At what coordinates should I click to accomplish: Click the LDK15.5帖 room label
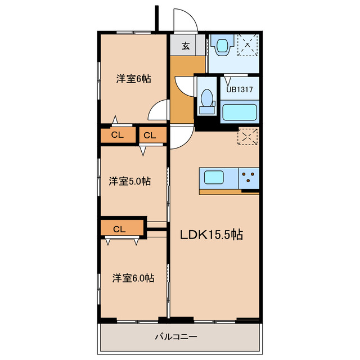211,235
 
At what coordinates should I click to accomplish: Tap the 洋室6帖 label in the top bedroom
134,79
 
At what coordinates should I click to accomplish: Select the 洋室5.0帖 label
130,181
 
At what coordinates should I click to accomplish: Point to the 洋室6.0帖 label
133,278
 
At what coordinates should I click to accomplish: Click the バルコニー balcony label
176,337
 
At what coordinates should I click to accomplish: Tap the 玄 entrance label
186,46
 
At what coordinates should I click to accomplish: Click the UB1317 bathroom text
240,89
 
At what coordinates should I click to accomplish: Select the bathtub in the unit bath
240,112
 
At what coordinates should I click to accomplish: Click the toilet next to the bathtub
207,101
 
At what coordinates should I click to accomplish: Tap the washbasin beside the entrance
222,46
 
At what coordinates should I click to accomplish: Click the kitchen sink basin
214,177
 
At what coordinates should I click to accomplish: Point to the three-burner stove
249,178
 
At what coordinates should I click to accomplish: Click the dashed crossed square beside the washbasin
247,45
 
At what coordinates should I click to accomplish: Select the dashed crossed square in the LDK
247,137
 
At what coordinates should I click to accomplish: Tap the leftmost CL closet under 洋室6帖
118,135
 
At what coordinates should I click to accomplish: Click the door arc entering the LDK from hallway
189,142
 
